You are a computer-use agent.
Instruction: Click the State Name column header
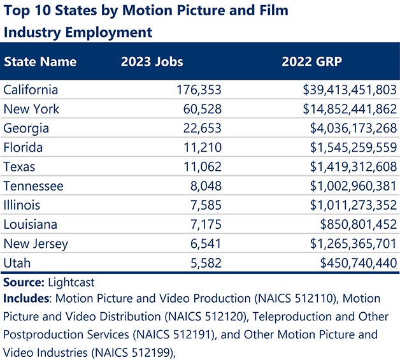(x=40, y=62)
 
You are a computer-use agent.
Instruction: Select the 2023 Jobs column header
(x=152, y=62)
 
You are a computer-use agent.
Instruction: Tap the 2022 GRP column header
(x=312, y=62)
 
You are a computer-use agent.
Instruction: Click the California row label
(x=31, y=90)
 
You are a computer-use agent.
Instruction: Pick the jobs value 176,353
(x=198, y=90)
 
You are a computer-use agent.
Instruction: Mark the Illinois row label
(x=22, y=205)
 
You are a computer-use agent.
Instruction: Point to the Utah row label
(x=17, y=263)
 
